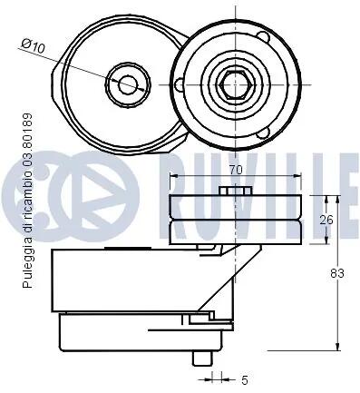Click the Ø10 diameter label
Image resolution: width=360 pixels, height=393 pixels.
[33, 46]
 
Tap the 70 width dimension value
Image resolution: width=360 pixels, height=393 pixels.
[235, 170]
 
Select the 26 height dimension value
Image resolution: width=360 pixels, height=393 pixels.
[326, 220]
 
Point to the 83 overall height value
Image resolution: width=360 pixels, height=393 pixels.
[337, 273]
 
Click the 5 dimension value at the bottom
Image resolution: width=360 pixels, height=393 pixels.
[245, 380]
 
